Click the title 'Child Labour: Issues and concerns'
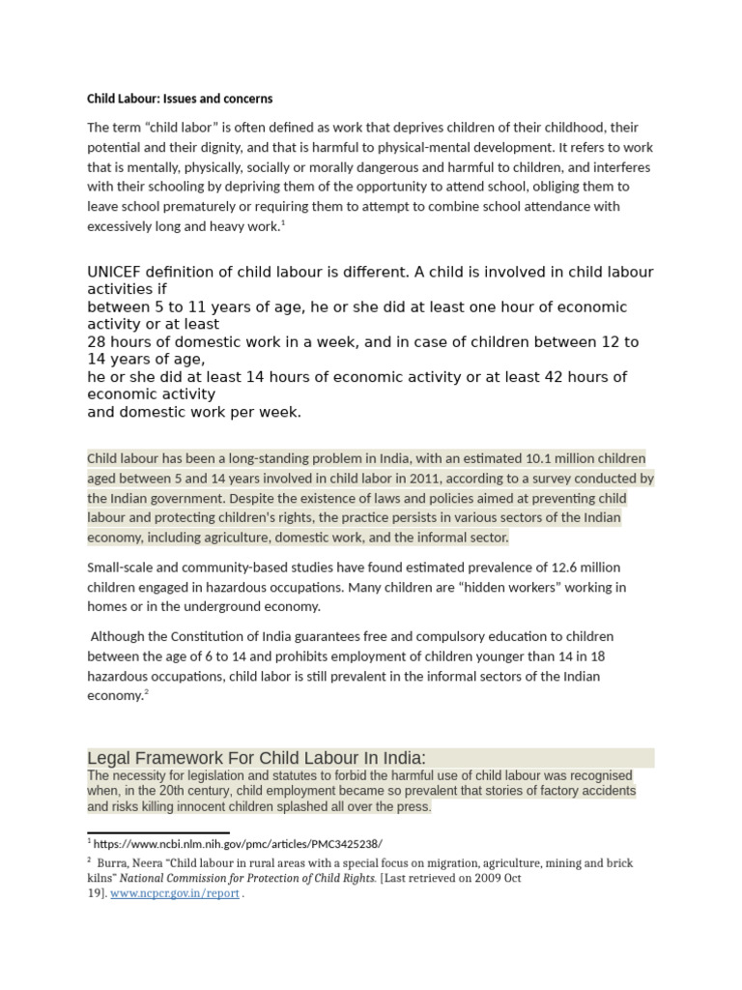(180, 99)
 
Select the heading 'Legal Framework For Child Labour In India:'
(256, 757)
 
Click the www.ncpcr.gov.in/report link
(188, 894)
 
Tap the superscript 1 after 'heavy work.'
(282, 223)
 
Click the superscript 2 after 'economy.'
(147, 692)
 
